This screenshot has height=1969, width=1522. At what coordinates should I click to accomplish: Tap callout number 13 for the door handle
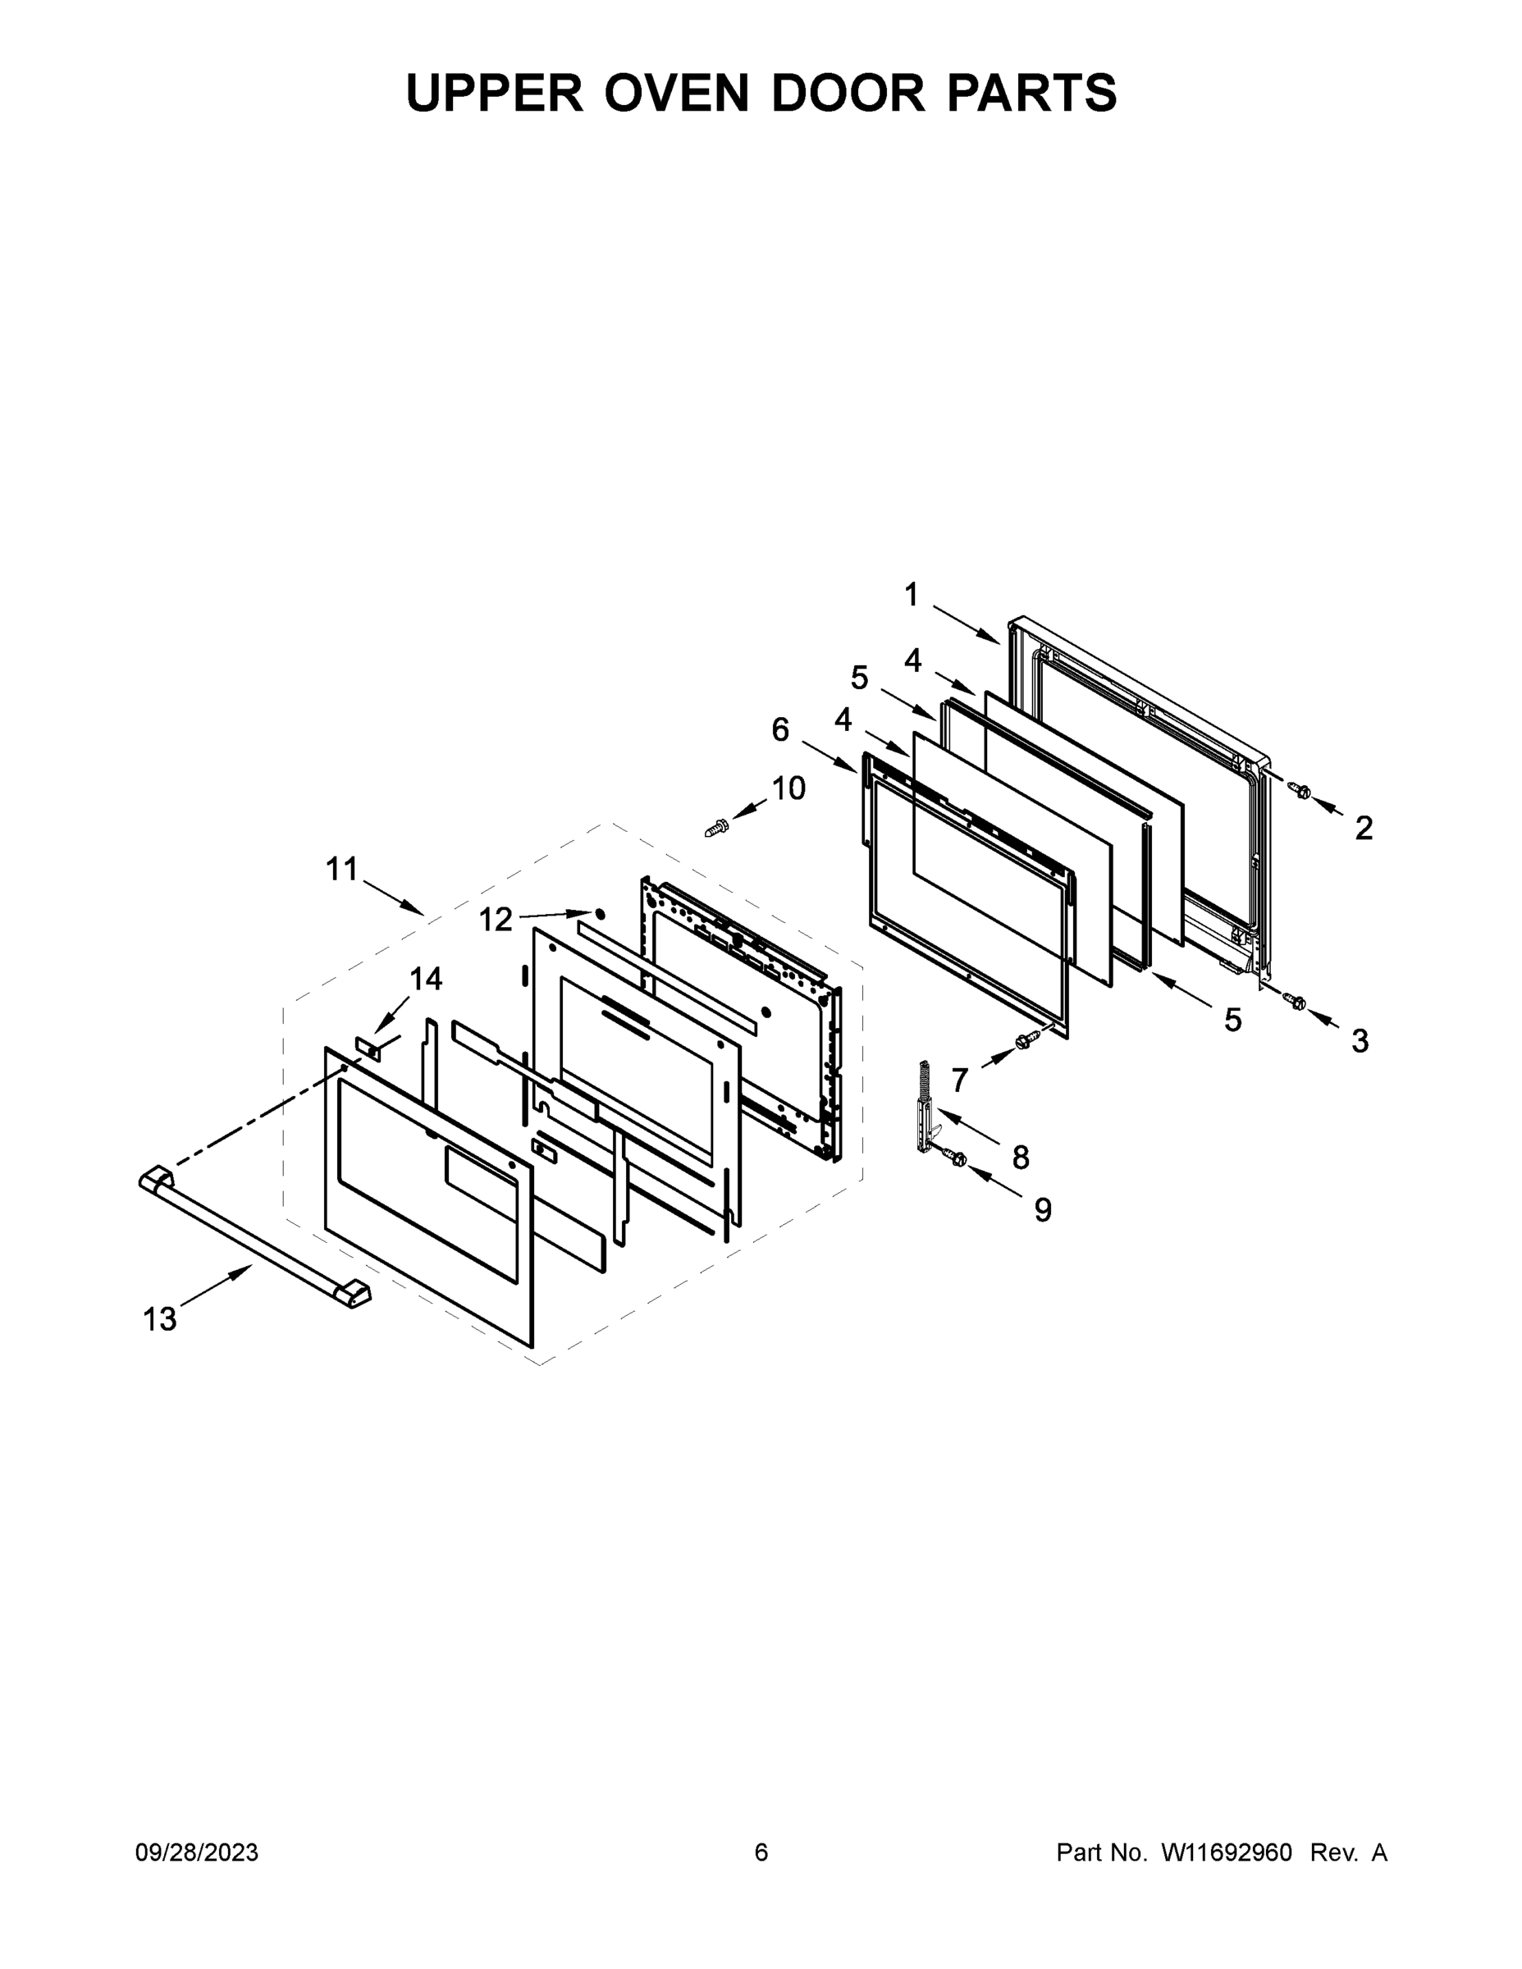pos(160,1320)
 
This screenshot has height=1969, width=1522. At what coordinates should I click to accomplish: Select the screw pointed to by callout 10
pos(716,826)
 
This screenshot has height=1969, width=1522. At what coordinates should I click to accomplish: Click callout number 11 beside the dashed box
pos(341,870)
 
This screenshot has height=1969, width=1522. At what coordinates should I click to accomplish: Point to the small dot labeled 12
pos(600,914)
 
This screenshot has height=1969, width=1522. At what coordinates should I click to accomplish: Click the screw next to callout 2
pos(1300,791)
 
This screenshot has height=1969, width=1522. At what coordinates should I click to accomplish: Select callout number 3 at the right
pos(1360,1041)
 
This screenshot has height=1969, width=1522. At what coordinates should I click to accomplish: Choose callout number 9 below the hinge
pos(1042,1210)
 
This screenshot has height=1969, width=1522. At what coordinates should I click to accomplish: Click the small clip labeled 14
pos(368,1049)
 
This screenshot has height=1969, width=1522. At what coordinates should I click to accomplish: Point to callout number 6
pos(781,729)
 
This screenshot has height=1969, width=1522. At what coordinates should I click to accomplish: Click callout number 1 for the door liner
pos(912,595)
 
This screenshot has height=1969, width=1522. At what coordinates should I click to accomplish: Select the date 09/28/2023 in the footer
pos(197,1853)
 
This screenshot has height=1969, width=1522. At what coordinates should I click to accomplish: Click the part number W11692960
pos(1227,1853)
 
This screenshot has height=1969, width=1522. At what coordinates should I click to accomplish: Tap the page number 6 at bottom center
pos(761,1853)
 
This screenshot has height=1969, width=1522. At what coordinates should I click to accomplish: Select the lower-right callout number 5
pos(1232,1021)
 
